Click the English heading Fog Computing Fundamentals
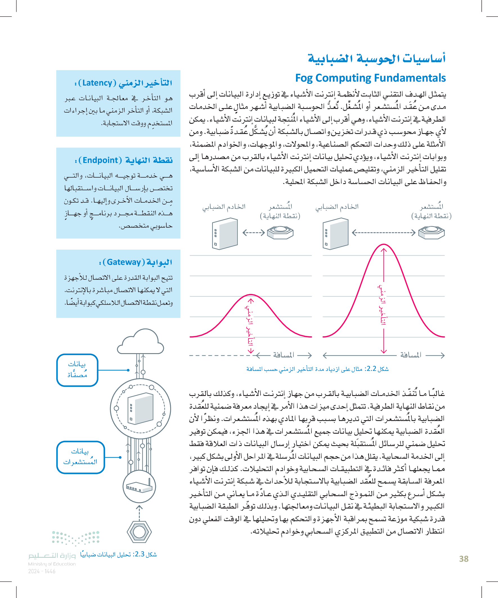pos(370,78)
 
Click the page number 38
pos(464,559)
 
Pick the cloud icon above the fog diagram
pos(141,342)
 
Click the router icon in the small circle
pos(139,487)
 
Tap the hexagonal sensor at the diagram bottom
pos(139,531)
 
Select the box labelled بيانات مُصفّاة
pos(77,370)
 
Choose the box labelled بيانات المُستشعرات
pos(80,457)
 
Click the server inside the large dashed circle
pos(141,408)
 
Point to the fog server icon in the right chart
pos(335,234)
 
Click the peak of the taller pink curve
pos(383,245)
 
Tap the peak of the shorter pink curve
pos(251,295)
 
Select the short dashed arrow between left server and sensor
pos(254,233)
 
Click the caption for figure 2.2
pos(317,369)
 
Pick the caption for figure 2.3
pos(118,554)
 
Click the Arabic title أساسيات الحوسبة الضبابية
pos(376,59)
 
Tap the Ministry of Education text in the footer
pos(52,564)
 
